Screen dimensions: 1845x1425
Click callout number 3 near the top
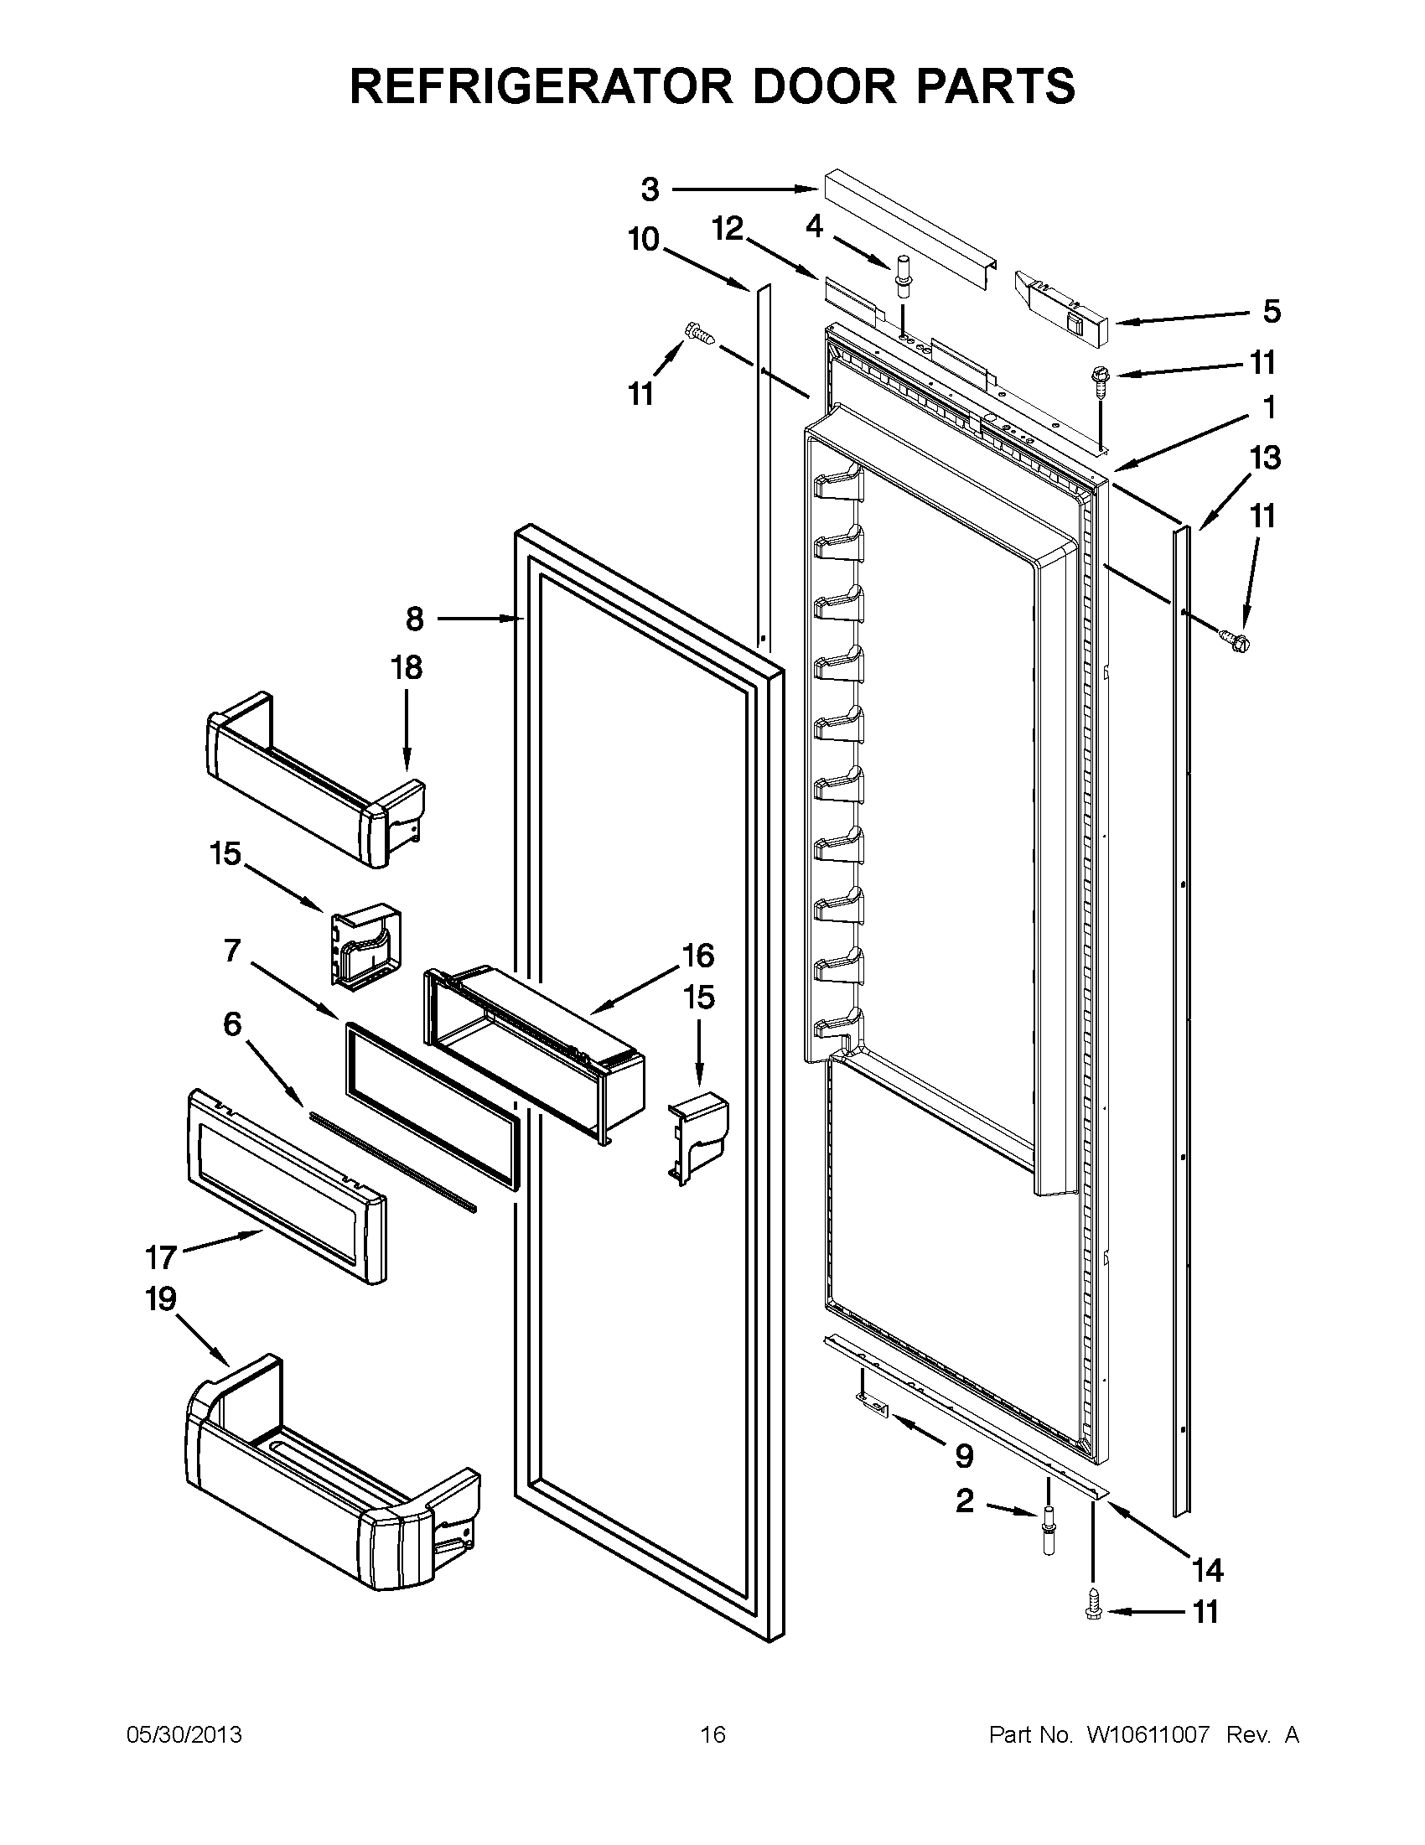[650, 189]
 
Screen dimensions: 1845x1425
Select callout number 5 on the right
[1272, 312]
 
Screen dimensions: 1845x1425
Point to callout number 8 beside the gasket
[414, 619]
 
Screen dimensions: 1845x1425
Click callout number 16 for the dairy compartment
[697, 956]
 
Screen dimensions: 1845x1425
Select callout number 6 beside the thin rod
[232, 1024]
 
